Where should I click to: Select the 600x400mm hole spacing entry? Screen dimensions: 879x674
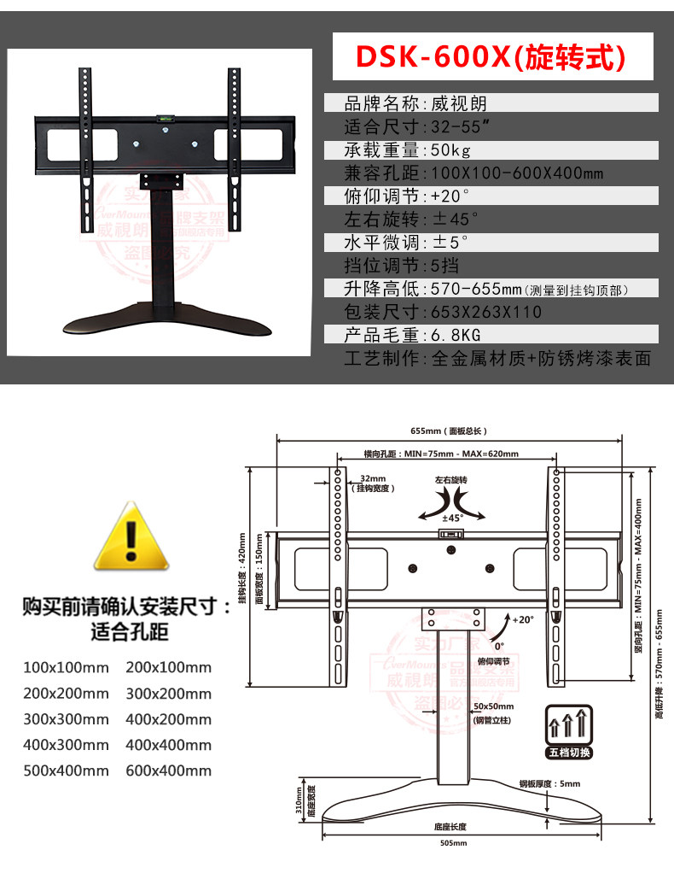click(x=168, y=770)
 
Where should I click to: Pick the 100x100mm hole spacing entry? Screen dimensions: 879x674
click(x=66, y=667)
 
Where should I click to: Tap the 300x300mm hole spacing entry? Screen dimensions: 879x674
click(x=66, y=718)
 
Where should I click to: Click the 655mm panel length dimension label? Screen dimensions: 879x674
click(x=448, y=431)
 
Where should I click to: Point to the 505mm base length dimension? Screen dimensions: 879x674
click(x=450, y=843)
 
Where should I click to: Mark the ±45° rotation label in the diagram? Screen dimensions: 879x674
click(x=451, y=517)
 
